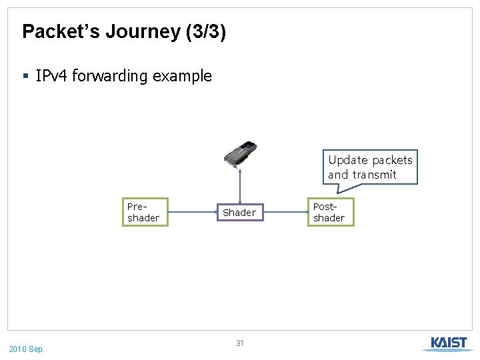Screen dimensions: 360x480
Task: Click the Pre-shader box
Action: click(x=145, y=213)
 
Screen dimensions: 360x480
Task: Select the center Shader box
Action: click(x=239, y=213)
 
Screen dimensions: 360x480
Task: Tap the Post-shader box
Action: click(x=330, y=213)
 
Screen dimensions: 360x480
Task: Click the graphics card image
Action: click(x=240, y=155)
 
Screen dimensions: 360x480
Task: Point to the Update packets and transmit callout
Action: click(x=370, y=167)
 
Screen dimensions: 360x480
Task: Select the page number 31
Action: click(x=240, y=343)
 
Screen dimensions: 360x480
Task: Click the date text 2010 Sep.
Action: click(x=27, y=349)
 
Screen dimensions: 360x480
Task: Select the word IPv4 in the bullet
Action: click(x=51, y=76)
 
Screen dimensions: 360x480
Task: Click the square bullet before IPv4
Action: click(x=26, y=77)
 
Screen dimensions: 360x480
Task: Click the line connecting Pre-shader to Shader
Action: click(x=192, y=213)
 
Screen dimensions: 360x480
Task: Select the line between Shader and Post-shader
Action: click(x=285, y=213)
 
